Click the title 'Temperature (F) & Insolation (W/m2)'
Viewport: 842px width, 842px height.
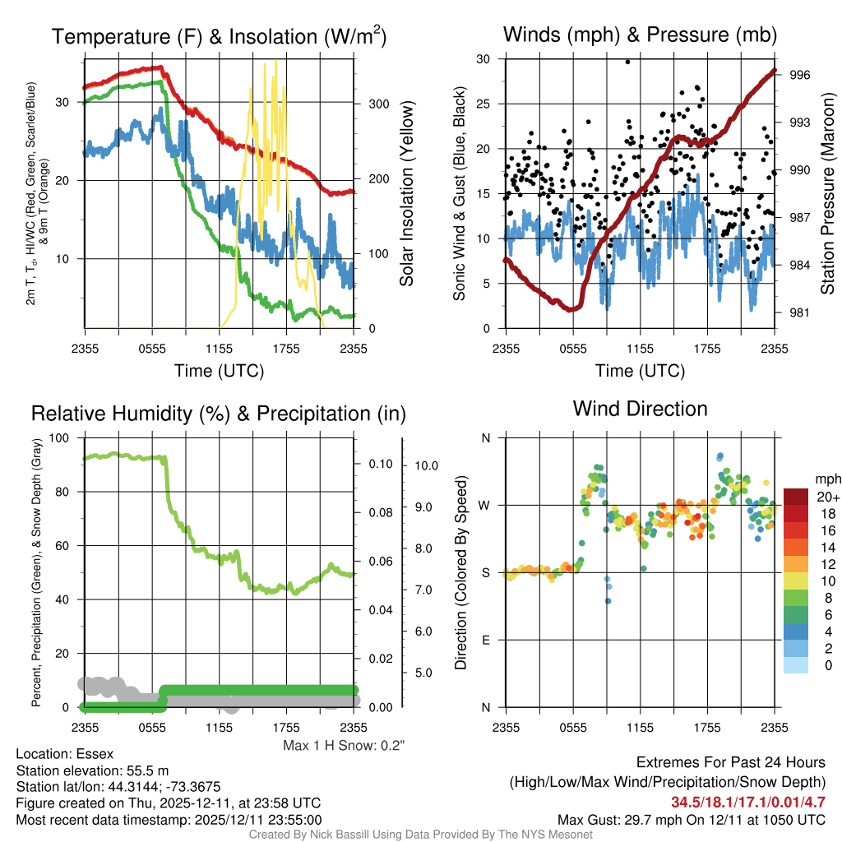[x=219, y=36]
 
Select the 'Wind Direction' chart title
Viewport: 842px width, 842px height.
[x=640, y=409]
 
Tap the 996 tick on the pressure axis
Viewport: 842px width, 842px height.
[x=800, y=75]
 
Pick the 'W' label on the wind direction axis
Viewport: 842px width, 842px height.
[x=485, y=505]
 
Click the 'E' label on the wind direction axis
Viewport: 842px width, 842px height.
[x=486, y=640]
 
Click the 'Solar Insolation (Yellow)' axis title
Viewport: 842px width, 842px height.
[x=407, y=193]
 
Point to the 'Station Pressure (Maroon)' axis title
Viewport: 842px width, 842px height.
[x=828, y=194]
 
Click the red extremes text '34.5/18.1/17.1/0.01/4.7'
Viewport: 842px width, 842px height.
[x=748, y=802]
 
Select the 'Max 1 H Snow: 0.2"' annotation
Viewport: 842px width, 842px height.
[x=344, y=746]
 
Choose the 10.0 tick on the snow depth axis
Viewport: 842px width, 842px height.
[x=427, y=465]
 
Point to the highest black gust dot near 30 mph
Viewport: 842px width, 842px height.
[x=627, y=61]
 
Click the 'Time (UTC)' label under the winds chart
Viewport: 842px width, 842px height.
[x=641, y=371]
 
